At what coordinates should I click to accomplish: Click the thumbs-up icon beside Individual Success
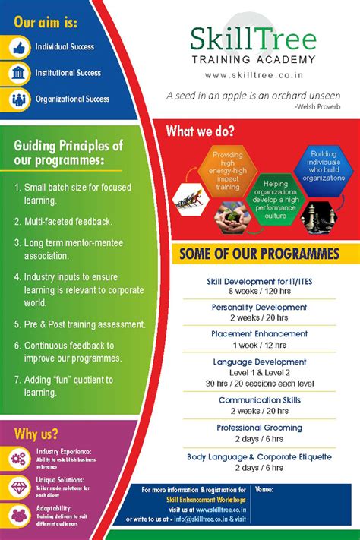point(20,47)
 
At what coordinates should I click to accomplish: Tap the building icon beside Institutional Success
point(20,73)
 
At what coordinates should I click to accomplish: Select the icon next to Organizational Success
point(20,99)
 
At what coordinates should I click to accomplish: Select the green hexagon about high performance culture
point(271,199)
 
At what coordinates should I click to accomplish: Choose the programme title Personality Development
point(258,308)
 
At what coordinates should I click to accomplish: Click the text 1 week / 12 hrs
point(258,346)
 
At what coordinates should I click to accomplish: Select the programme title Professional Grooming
point(258,428)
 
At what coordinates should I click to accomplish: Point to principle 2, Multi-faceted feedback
point(63,221)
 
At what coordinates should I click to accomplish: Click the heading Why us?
point(36,434)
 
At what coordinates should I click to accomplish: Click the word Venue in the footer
point(265,490)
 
